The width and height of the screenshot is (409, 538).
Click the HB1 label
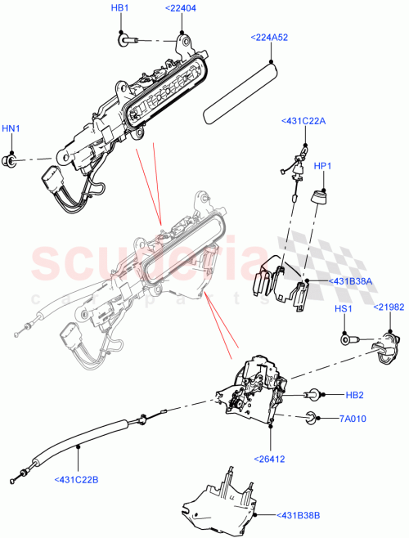tap(119, 8)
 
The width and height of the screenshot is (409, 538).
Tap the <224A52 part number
tap(270, 37)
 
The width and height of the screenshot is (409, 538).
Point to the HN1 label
tap(11, 128)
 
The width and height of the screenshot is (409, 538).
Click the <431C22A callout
tap(303, 120)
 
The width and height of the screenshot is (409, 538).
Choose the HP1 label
tap(323, 166)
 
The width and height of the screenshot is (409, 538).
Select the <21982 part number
tap(389, 307)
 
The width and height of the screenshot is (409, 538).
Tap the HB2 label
tap(354, 395)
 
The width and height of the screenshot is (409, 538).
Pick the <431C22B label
tap(78, 479)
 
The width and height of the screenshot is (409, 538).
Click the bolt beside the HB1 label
tap(125, 38)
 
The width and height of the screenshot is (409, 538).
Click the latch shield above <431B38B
tap(221, 499)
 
